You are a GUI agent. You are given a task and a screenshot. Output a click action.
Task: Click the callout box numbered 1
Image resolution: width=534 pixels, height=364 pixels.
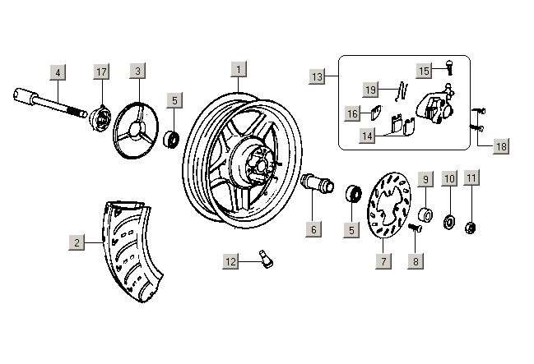point(238,70)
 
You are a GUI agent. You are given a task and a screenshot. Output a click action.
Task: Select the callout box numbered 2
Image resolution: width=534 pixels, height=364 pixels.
point(77,242)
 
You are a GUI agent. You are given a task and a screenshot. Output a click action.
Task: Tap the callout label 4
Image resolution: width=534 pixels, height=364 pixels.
point(58,71)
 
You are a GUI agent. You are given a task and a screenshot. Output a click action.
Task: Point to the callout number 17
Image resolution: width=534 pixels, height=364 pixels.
point(101,71)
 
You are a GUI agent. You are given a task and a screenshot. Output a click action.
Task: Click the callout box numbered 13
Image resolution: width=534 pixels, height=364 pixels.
point(318,76)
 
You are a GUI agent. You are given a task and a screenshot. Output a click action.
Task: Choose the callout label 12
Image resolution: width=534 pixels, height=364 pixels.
point(231,261)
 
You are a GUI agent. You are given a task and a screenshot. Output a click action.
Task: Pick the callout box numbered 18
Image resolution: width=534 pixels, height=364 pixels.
point(500,147)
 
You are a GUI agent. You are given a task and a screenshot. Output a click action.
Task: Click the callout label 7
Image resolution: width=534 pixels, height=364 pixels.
point(383,261)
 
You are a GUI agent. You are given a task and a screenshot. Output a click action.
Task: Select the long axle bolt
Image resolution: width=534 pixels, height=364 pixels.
point(49,102)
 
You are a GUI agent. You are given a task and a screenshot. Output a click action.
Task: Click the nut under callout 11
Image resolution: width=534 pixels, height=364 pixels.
point(471,226)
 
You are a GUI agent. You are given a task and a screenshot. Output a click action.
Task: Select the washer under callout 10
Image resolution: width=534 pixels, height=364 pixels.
point(449,221)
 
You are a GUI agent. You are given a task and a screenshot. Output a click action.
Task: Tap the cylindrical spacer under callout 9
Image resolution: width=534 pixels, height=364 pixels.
point(425,216)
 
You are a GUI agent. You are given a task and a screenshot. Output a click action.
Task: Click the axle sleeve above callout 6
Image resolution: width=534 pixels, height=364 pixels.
point(318,182)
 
